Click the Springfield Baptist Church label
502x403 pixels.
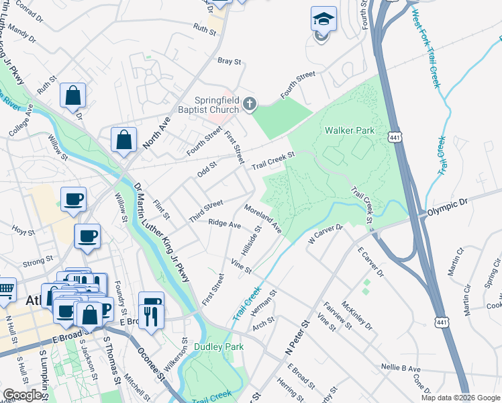tap(216, 105)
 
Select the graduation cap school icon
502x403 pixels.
tap(323, 20)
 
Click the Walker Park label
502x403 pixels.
tap(348, 130)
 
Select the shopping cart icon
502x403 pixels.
tap(5, 290)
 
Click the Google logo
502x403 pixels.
tap(22, 395)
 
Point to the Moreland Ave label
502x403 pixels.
tap(263, 220)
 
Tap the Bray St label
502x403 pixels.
tap(229, 61)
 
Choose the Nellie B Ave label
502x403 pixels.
tap(400, 369)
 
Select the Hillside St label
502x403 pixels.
tap(252, 243)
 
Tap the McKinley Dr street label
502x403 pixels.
tap(356, 315)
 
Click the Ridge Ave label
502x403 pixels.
tap(224, 224)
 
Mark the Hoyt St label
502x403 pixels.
tap(23, 231)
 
